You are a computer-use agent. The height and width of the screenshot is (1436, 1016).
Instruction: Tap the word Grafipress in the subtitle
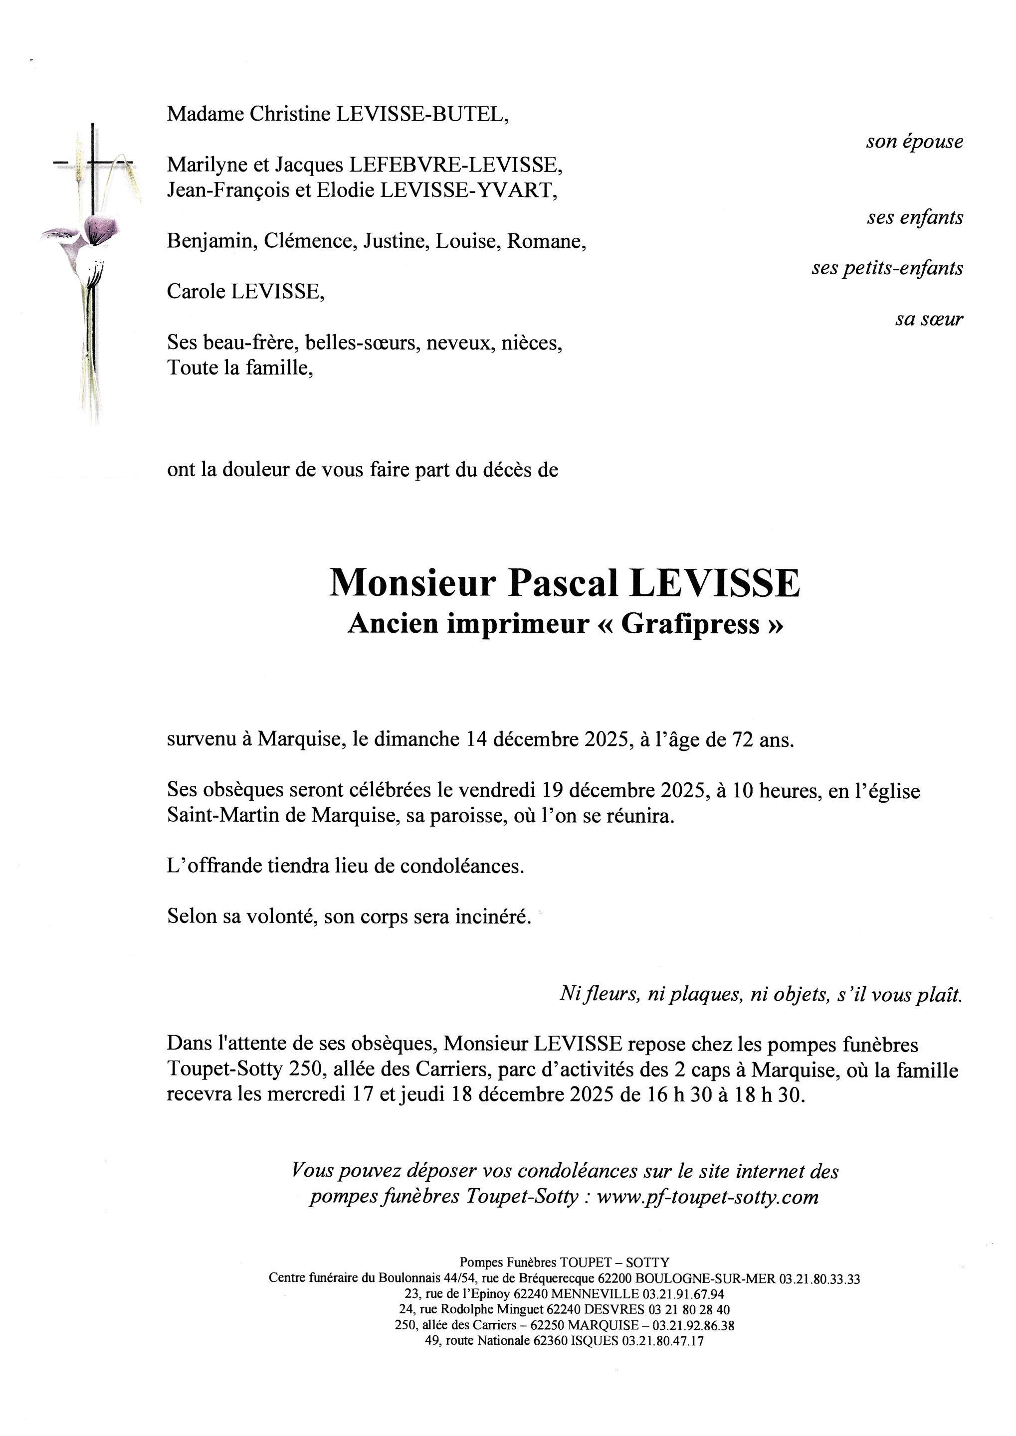pyautogui.click(x=690, y=624)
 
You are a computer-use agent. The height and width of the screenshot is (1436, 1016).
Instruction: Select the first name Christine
pyautogui.click(x=290, y=114)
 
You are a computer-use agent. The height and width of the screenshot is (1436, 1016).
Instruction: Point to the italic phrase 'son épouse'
pyautogui.click(x=914, y=142)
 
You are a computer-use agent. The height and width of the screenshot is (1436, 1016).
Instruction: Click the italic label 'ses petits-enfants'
pyautogui.click(x=887, y=268)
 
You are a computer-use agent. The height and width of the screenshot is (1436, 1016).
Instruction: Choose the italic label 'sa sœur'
pyautogui.click(x=928, y=319)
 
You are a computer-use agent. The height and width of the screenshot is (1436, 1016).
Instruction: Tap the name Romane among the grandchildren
pyautogui.click(x=546, y=241)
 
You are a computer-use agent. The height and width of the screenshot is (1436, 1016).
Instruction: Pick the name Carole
pyautogui.click(x=196, y=292)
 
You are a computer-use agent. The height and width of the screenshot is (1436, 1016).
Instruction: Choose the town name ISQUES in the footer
pyautogui.click(x=595, y=1341)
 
